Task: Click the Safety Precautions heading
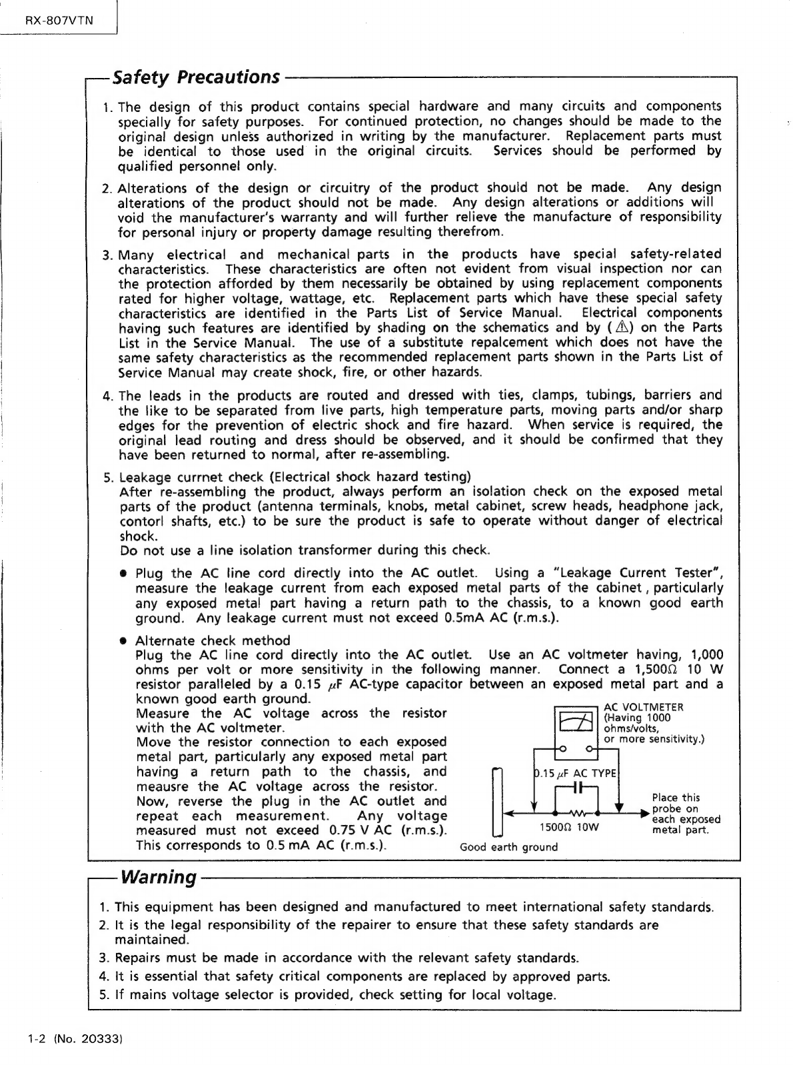196,77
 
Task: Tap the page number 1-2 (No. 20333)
69,1038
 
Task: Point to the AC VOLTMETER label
643,707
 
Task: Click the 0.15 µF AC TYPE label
576,773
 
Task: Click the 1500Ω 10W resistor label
569,828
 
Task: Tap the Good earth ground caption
508,847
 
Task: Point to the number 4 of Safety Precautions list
107,396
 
